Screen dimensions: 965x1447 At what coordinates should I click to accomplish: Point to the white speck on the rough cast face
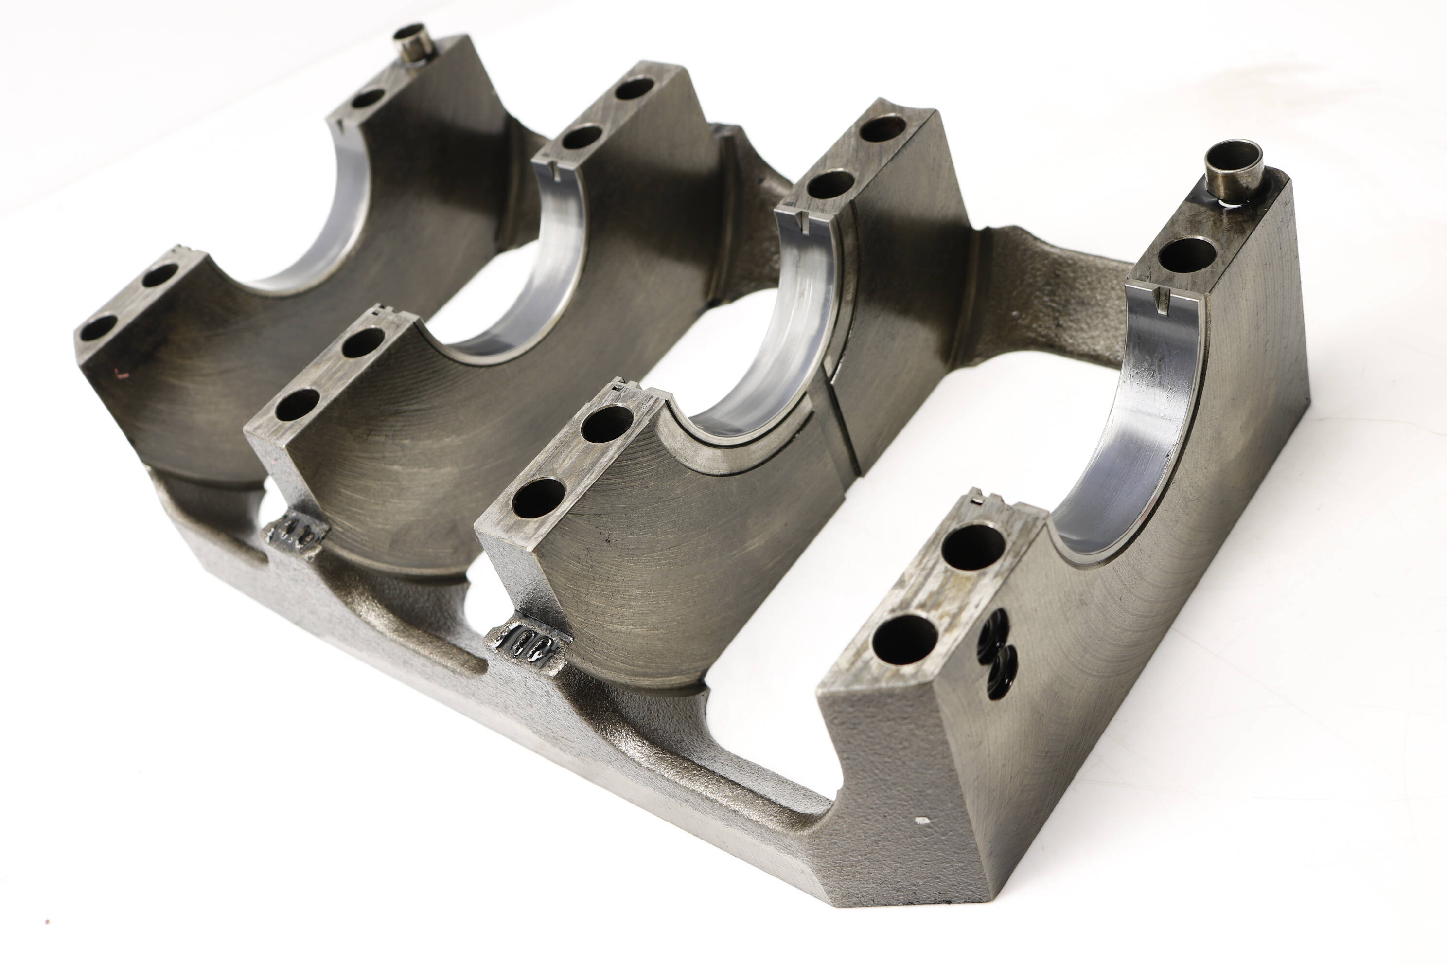921,821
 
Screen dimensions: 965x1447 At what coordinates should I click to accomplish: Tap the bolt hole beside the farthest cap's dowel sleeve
368,97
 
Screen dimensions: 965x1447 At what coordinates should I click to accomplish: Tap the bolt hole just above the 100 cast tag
538,497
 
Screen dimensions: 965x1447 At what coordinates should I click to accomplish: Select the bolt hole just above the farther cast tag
297,404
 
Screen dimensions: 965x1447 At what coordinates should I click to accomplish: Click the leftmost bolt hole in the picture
98,327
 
